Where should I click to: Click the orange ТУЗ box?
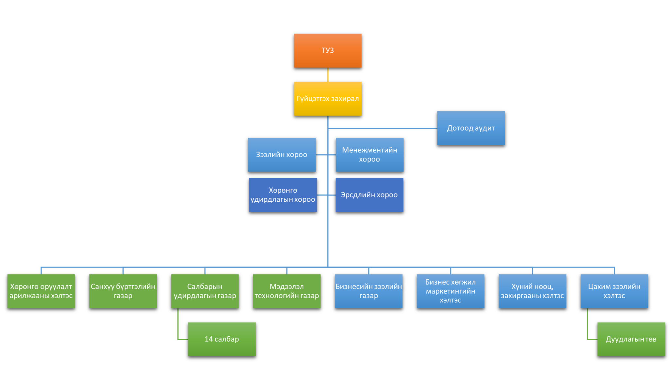(x=327, y=50)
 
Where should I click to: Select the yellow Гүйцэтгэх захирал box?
(x=327, y=99)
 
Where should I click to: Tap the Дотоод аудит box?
(x=471, y=128)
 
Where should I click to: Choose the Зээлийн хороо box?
(x=282, y=155)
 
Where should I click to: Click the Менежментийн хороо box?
(x=369, y=155)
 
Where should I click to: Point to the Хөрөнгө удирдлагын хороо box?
(x=283, y=195)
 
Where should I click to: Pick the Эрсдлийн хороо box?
(x=369, y=195)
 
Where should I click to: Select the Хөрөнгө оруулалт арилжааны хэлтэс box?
(x=41, y=291)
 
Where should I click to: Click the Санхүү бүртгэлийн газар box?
(x=123, y=291)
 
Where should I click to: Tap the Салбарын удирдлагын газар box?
(x=205, y=291)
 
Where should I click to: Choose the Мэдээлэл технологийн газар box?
(x=287, y=291)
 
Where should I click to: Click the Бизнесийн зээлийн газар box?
(x=369, y=291)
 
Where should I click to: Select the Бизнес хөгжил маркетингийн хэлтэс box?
(x=450, y=291)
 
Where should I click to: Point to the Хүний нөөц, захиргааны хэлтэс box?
(x=532, y=291)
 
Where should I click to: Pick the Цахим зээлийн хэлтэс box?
(x=614, y=291)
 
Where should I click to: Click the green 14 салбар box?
(x=222, y=339)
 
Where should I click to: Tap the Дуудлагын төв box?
(x=631, y=339)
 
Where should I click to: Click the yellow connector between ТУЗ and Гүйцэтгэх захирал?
(x=328, y=75)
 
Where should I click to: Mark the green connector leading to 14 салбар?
(x=178, y=327)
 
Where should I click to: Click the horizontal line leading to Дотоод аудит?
(x=383, y=128)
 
